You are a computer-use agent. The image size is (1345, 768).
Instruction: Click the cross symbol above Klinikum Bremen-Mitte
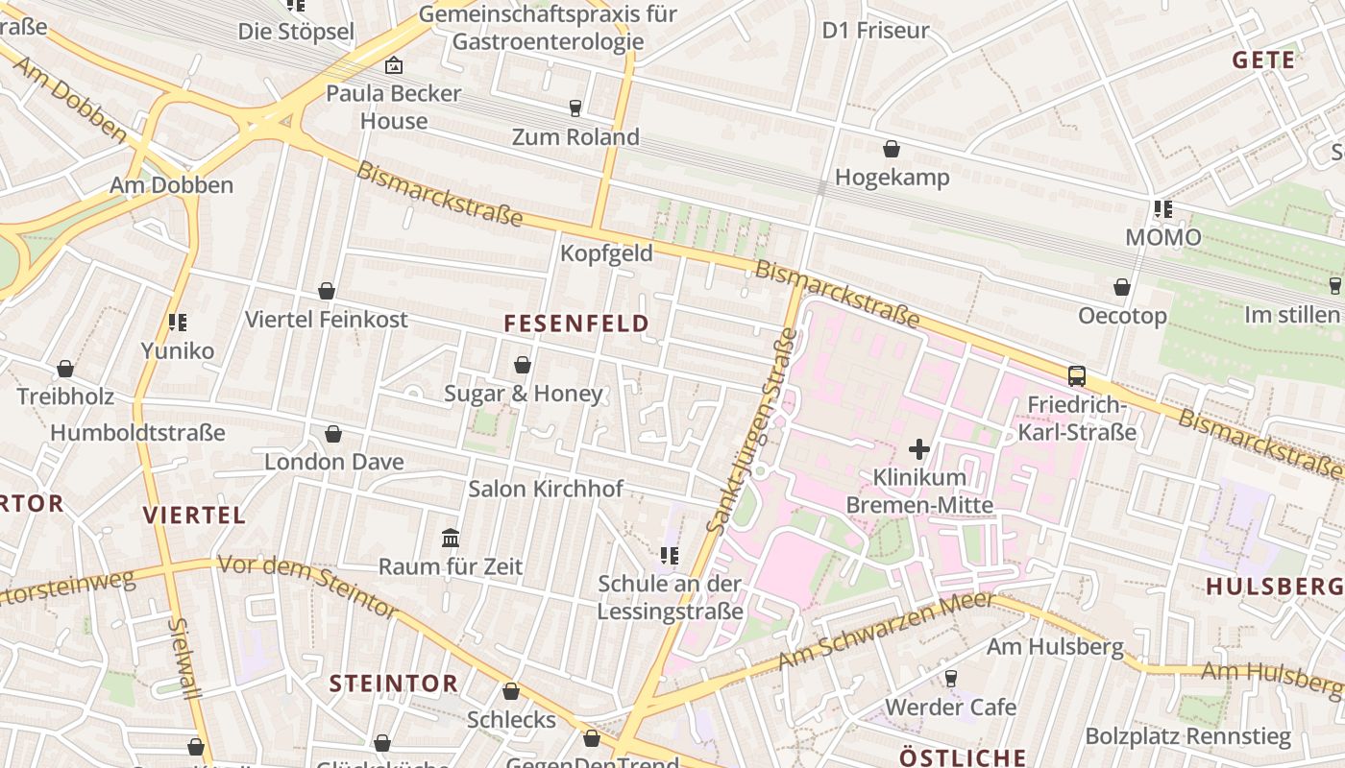coord(919,448)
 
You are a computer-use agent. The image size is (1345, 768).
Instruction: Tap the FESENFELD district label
coord(576,324)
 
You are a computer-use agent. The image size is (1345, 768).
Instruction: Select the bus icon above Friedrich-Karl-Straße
coord(1077,376)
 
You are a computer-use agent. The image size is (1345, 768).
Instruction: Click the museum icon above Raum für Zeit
coord(450,538)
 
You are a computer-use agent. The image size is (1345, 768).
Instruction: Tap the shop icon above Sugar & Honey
coord(523,365)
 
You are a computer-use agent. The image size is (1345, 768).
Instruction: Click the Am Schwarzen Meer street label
coord(886,631)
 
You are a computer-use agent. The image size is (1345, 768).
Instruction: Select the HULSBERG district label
coord(1274,587)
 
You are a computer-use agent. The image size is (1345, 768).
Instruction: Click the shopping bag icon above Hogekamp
coord(892,149)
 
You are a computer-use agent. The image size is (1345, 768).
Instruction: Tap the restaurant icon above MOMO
coord(1162,209)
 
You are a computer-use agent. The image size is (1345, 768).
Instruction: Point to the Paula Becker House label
coord(394,108)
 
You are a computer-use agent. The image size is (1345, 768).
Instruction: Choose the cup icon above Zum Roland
coord(575,108)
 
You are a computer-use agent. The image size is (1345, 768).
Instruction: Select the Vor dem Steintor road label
coord(307,585)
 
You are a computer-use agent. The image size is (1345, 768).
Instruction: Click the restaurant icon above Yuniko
coord(177,323)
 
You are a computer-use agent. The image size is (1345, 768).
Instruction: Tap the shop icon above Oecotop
coord(1121,287)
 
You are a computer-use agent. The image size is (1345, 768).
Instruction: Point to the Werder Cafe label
coord(950,708)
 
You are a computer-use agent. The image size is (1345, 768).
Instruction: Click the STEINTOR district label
coord(394,684)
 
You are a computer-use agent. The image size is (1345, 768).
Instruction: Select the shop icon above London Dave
coord(333,434)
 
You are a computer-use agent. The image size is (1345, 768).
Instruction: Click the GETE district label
coord(1263,60)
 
